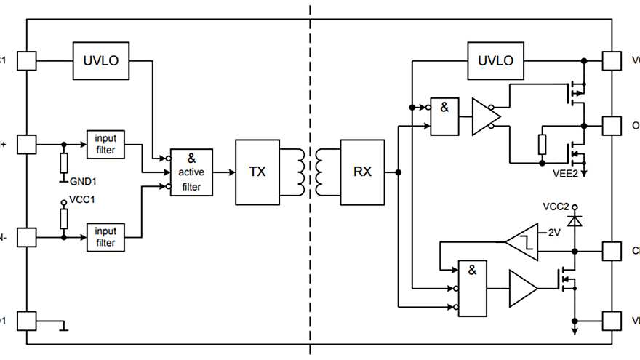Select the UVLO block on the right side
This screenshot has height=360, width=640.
pos(495,60)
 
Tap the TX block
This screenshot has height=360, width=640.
pos(257,172)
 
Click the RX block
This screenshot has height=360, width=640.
pos(362,172)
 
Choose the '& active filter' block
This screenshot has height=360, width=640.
pos(191,172)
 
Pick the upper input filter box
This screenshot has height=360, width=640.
pos(105,144)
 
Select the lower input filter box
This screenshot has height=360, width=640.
pos(105,237)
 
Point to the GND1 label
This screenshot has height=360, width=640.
pos(84,180)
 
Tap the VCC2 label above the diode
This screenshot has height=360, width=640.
pos(556,207)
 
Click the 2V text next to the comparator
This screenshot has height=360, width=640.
pos(554,233)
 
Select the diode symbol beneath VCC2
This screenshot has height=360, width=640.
pos(575,219)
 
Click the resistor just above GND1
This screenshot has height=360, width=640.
pos(64,161)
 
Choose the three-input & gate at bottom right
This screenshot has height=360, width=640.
pos(472,288)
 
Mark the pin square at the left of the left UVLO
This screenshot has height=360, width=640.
pos(26,60)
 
